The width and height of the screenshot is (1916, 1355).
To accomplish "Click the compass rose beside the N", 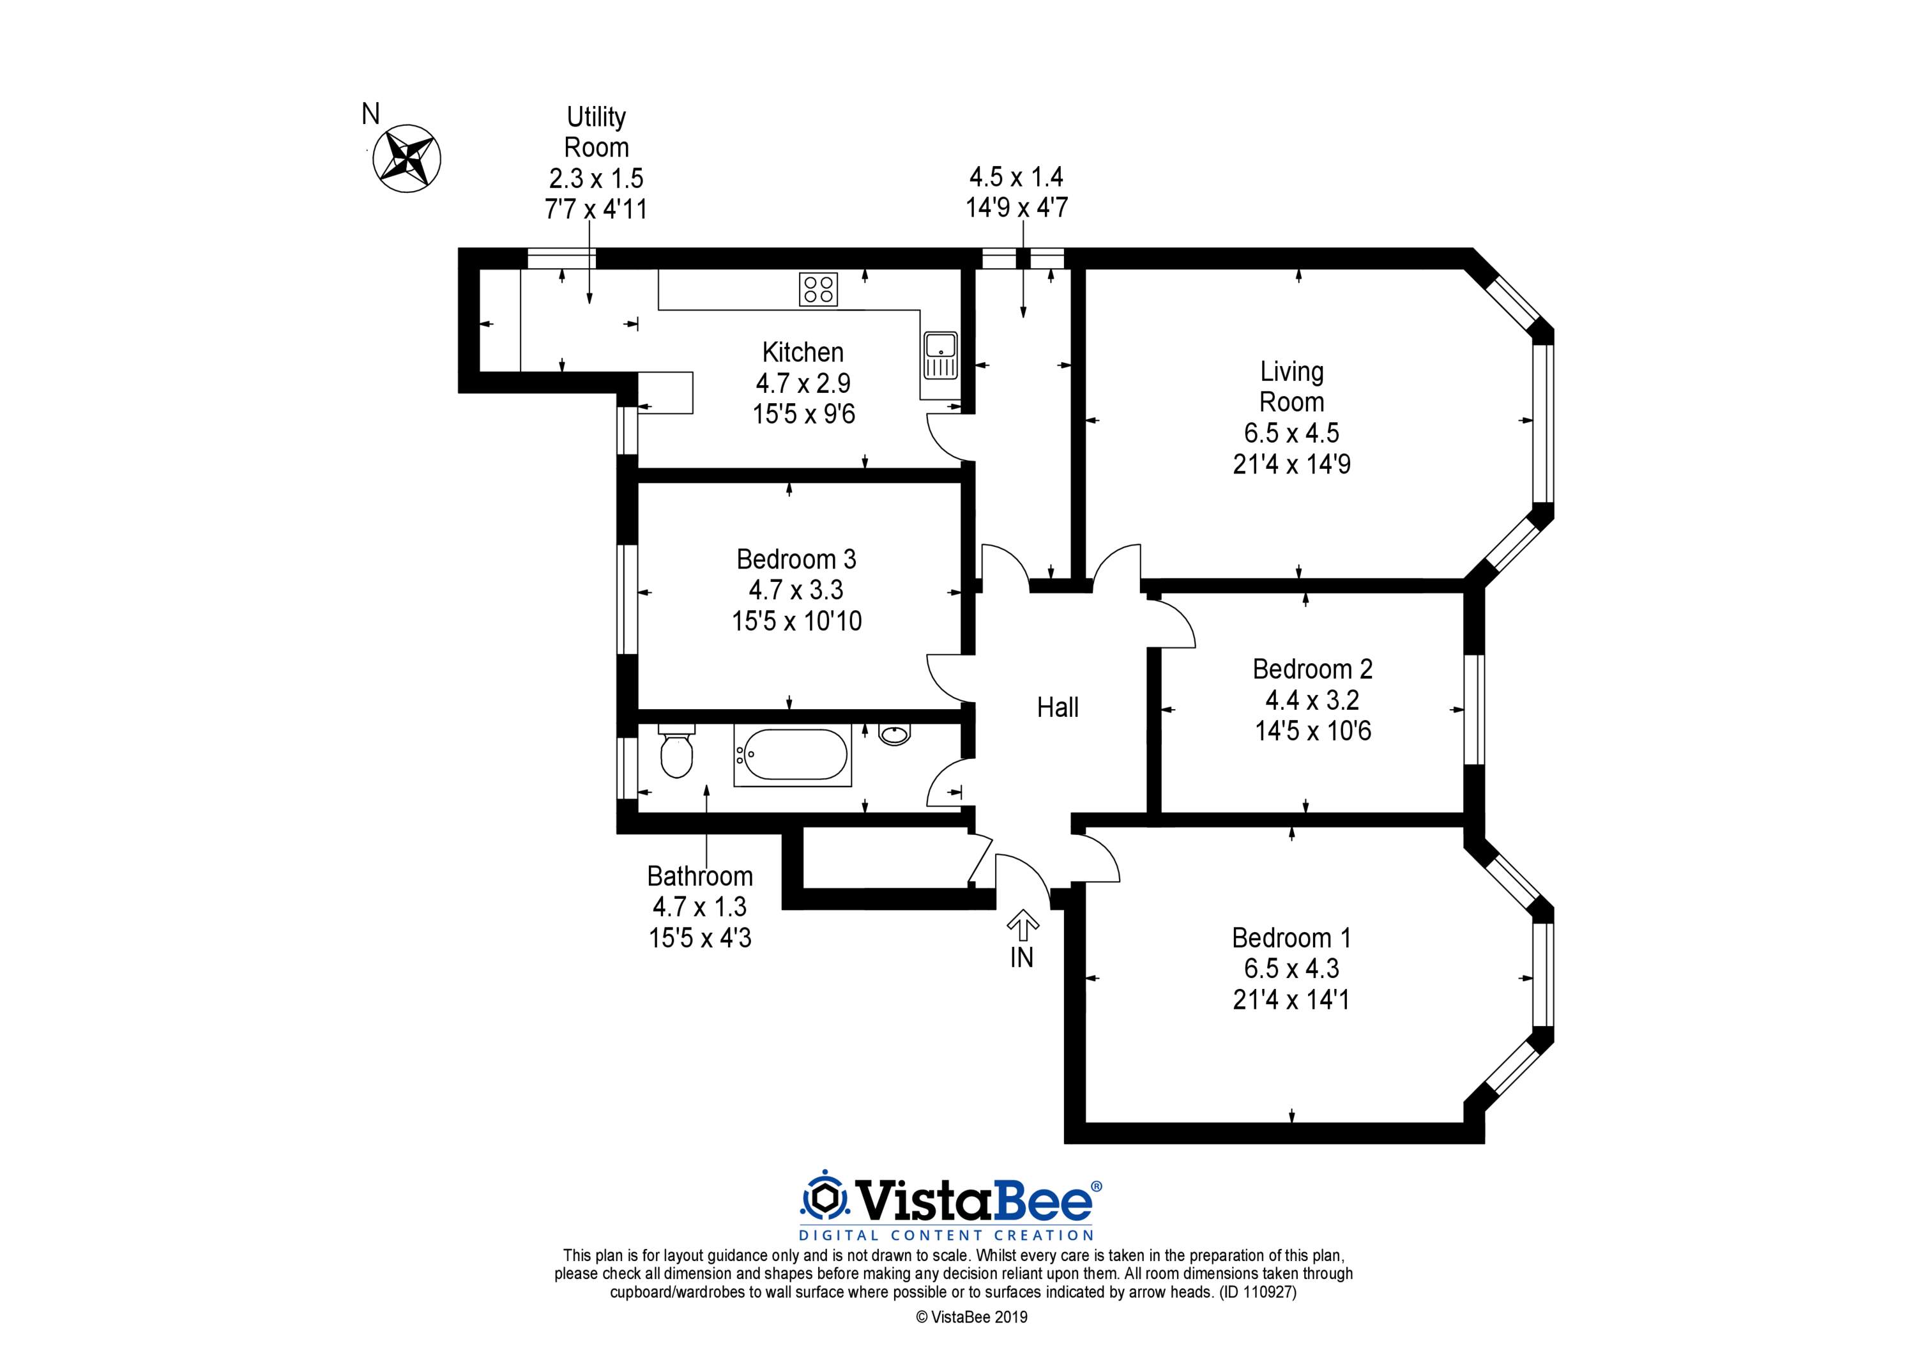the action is (x=406, y=158).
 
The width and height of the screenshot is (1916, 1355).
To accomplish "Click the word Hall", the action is (x=1057, y=707).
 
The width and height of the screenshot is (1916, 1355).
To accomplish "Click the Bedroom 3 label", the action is (x=796, y=558).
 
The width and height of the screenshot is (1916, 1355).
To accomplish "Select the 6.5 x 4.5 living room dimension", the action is (x=1292, y=433).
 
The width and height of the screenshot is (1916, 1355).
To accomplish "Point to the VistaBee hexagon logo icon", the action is (x=825, y=1199).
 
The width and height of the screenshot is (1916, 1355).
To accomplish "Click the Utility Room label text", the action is (x=596, y=132).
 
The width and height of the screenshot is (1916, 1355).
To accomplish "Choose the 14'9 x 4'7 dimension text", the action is (x=1016, y=207).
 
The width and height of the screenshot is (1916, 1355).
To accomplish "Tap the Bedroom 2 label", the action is (x=1312, y=669).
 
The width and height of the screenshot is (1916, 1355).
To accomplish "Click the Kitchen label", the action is (x=803, y=352).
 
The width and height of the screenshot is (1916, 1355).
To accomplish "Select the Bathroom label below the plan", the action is (x=700, y=876).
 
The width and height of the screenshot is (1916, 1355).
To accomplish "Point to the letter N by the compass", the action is (x=370, y=114).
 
